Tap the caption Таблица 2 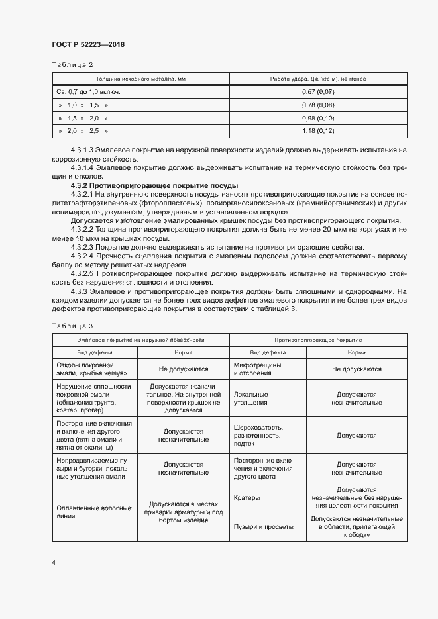pyautogui.click(x=72, y=64)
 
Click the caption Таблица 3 pyautogui.click(x=72, y=326)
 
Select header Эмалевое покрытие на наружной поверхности pyautogui.click(x=140, y=340)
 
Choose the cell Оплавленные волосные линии pyautogui.click(x=92, y=512)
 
